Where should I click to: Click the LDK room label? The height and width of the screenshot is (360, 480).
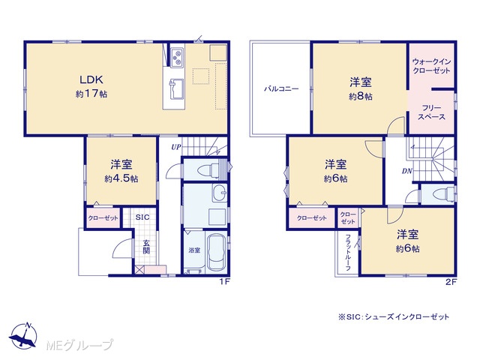click(91, 79)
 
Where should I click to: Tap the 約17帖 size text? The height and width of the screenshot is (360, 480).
click(91, 94)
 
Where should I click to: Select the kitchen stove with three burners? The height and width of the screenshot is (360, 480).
click(177, 58)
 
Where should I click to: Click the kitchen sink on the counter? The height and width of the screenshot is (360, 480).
click(177, 88)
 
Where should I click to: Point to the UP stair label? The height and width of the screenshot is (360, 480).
click(175, 147)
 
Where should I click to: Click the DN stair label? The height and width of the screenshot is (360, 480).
click(406, 172)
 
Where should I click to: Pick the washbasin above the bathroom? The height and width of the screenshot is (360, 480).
click(220, 193)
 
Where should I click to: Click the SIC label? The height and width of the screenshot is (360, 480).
click(142, 217)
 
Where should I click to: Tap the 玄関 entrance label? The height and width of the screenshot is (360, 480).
click(146, 247)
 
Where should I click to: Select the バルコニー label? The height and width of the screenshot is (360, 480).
click(281, 89)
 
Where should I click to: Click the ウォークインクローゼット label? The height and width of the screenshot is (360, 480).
click(432, 66)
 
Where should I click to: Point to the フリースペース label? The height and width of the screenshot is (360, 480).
click(431, 112)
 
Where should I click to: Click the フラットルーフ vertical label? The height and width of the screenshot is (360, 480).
click(348, 253)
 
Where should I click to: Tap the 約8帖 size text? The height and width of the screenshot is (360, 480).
click(360, 97)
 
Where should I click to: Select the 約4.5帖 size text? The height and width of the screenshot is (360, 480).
click(121, 178)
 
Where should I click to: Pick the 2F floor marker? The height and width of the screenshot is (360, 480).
click(451, 282)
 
